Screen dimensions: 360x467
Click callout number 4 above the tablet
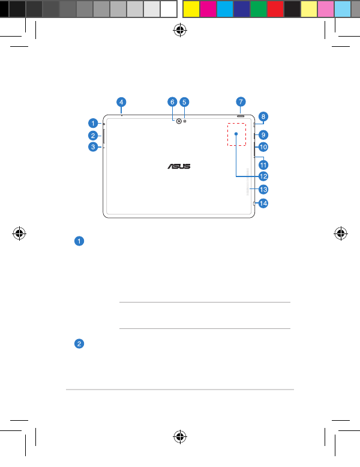(121, 102)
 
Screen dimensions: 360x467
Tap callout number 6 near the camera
(172, 102)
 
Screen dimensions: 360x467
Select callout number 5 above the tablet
(184, 102)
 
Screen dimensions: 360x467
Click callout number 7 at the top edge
(241, 102)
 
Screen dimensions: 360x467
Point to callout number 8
(263, 116)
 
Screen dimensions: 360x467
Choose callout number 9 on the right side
(263, 135)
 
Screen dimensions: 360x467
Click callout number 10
(263, 147)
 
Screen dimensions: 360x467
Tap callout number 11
(263, 164)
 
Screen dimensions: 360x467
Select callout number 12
(263, 176)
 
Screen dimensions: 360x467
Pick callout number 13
(263, 190)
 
